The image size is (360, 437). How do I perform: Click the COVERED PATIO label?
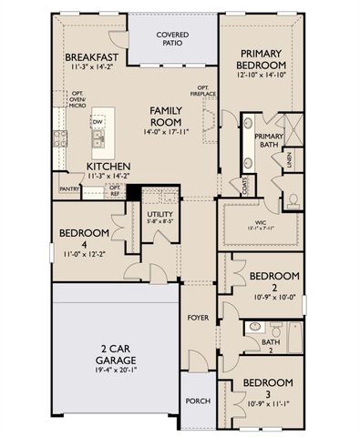171,39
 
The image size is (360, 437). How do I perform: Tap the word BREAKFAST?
96,57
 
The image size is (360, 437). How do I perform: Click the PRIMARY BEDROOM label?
261,60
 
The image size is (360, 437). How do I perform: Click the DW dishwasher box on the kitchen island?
97,121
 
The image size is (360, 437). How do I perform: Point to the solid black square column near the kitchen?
132,194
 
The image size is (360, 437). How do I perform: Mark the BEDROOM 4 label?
85,239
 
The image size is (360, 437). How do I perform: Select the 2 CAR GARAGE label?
114,354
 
